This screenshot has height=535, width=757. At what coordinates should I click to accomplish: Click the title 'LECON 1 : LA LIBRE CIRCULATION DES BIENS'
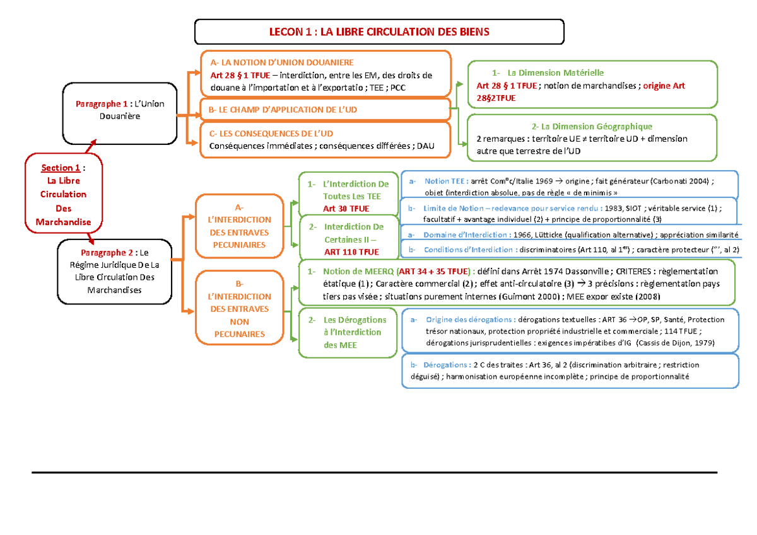pos(378,32)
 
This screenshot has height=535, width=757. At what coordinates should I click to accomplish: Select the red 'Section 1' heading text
pos(61,168)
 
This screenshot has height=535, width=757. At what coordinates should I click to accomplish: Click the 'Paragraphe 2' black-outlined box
pos(114,271)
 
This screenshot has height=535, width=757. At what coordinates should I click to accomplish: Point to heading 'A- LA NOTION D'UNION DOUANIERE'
pos(282,62)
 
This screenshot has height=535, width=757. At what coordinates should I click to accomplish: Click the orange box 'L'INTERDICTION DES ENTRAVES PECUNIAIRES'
pos(240,226)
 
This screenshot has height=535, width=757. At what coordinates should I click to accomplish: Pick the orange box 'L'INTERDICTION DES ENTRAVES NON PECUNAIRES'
pos(240,309)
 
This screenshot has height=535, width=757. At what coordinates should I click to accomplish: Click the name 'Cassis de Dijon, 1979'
pos(688,343)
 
